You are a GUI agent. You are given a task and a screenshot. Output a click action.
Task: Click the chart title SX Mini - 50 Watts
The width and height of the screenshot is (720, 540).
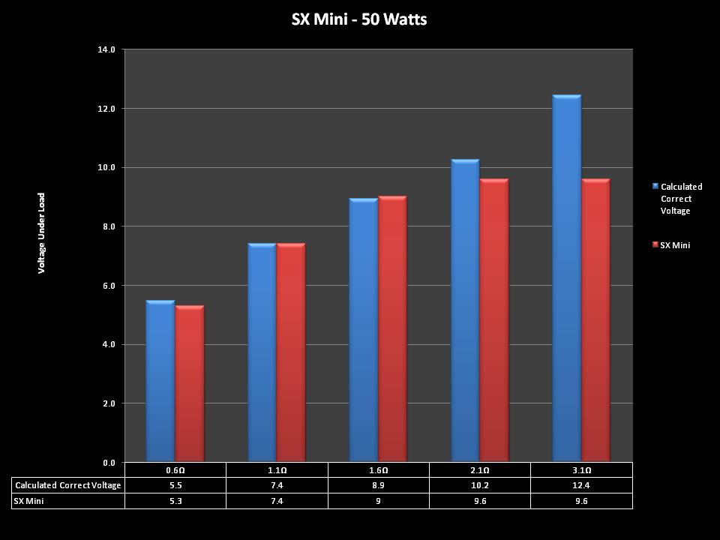pyautogui.click(x=359, y=19)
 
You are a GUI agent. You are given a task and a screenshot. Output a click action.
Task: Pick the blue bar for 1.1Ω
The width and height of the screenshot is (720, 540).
pyautogui.click(x=262, y=352)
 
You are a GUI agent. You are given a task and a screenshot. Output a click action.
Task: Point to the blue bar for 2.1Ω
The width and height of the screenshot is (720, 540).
pyautogui.click(x=465, y=310)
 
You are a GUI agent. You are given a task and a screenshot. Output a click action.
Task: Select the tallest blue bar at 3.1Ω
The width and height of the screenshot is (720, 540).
pyautogui.click(x=566, y=278)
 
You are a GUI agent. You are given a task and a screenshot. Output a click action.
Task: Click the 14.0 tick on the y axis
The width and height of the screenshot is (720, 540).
pyautogui.click(x=106, y=49)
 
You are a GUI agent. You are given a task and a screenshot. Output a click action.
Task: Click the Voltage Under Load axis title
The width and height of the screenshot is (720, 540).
pyautogui.click(x=42, y=232)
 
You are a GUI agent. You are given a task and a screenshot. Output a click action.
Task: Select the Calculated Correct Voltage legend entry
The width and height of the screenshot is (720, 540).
pyautogui.click(x=680, y=199)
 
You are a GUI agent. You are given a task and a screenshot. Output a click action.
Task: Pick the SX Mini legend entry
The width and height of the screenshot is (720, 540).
pyautogui.click(x=674, y=245)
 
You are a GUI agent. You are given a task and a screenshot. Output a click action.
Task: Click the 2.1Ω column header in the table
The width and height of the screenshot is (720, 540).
pyautogui.click(x=480, y=470)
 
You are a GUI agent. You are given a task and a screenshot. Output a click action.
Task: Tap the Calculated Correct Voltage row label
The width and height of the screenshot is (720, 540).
pyautogui.click(x=68, y=485)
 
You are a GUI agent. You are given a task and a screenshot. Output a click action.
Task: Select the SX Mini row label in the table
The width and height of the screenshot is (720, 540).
pyautogui.click(x=30, y=500)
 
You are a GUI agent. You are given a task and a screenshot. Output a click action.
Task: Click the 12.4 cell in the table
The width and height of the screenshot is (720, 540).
pyautogui.click(x=581, y=485)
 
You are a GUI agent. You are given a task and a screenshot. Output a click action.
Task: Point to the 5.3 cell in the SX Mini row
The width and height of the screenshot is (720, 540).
pyautogui.click(x=175, y=500)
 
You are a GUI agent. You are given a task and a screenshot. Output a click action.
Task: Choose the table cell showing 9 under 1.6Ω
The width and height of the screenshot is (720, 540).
pyautogui.click(x=378, y=500)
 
